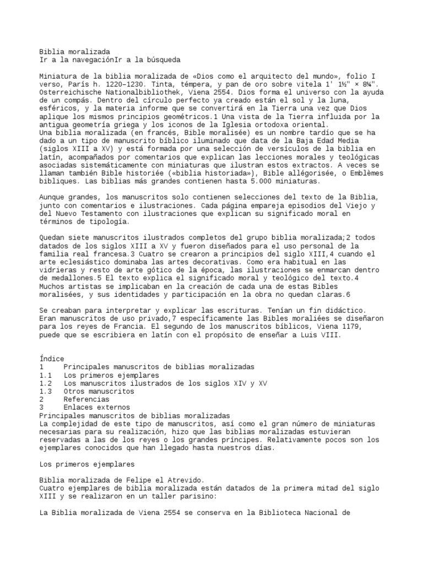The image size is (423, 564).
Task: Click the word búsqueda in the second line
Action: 162,59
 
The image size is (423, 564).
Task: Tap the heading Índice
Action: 52,359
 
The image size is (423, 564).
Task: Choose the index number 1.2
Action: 46,383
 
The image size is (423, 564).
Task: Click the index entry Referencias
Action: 86,399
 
